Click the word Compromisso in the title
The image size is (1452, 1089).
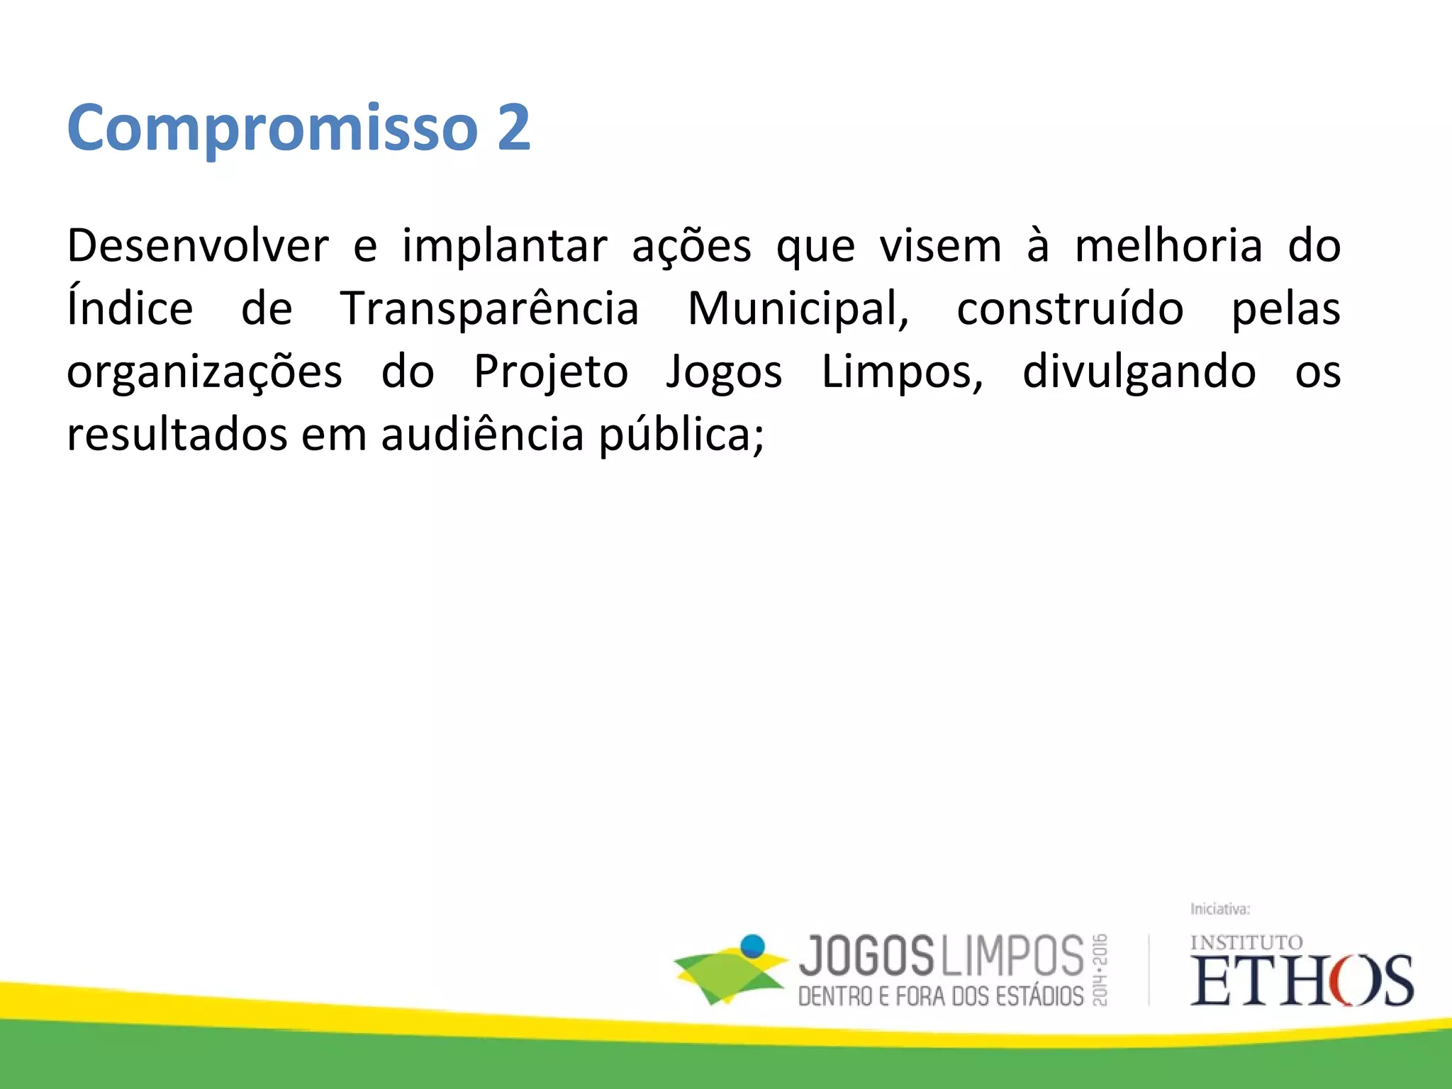272,128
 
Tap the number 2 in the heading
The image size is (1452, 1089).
513,128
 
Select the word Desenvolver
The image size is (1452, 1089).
198,246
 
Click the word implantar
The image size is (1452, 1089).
505,246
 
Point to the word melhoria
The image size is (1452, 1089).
1168,246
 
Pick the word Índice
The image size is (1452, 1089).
130,308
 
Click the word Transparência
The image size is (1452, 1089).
490,308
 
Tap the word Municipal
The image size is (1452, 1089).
798,308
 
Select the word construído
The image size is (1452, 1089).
1070,308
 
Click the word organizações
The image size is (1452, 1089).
204,372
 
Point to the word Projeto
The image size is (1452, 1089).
551,372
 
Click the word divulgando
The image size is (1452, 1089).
1139,372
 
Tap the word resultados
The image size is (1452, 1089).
177,434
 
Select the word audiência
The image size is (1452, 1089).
482,434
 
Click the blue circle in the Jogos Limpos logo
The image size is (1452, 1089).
752,946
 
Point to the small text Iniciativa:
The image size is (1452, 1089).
1219,909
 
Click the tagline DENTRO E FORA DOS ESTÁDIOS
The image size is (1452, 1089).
941,996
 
